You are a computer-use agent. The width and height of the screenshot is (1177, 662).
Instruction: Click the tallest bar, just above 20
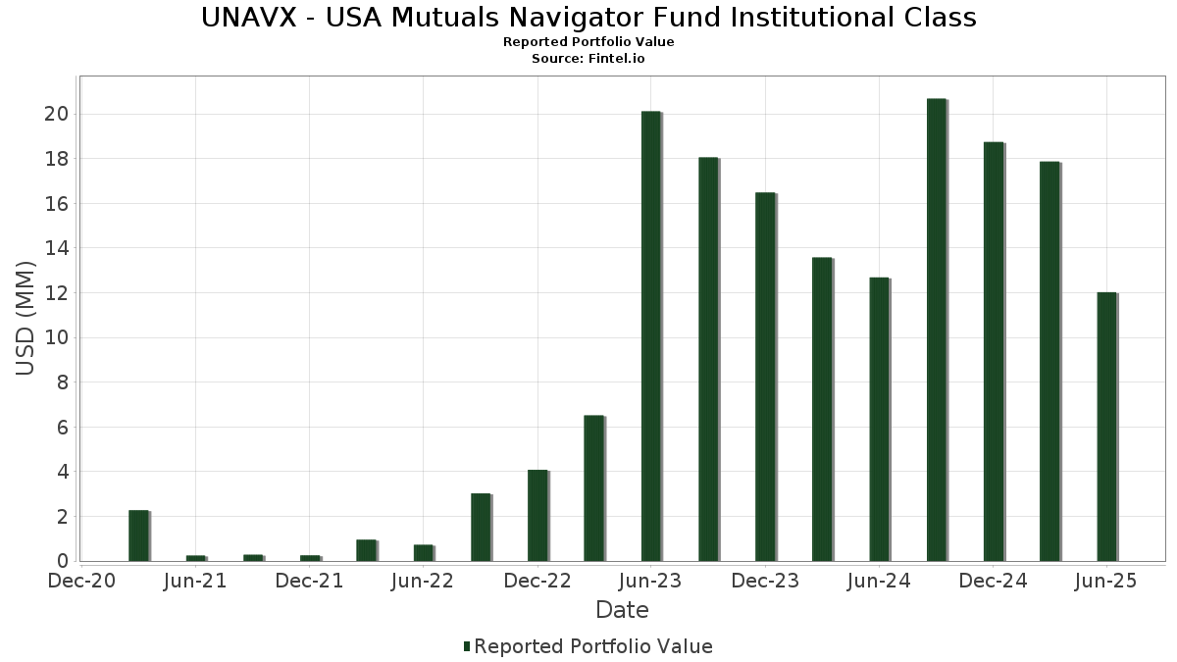(936, 330)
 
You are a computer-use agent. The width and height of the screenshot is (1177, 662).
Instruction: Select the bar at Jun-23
(651, 336)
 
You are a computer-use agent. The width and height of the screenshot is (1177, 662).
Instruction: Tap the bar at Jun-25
(1106, 427)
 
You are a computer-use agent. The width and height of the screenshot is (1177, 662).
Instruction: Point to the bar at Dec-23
(765, 377)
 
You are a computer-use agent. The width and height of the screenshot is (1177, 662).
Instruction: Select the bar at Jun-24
(879, 419)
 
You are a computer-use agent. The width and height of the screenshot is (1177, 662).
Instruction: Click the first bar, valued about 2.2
(138, 535)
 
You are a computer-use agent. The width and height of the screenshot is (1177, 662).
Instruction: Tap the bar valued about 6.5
(593, 488)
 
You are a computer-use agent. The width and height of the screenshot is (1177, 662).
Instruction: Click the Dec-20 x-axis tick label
(82, 582)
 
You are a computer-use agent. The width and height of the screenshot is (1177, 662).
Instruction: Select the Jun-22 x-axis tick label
(423, 582)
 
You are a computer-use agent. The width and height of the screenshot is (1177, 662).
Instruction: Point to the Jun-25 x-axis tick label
(1105, 582)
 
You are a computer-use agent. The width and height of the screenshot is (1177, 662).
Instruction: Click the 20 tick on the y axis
(56, 115)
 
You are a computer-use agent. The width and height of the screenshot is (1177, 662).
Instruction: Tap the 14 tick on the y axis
(56, 249)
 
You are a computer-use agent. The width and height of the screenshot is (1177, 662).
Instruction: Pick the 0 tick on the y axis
(62, 562)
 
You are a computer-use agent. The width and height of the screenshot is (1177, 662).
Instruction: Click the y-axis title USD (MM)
(26, 318)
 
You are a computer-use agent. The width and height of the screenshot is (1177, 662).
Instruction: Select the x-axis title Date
(622, 610)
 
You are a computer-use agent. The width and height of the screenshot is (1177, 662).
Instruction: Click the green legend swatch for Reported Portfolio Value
(467, 646)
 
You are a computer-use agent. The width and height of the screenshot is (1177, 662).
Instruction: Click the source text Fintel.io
(616, 59)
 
